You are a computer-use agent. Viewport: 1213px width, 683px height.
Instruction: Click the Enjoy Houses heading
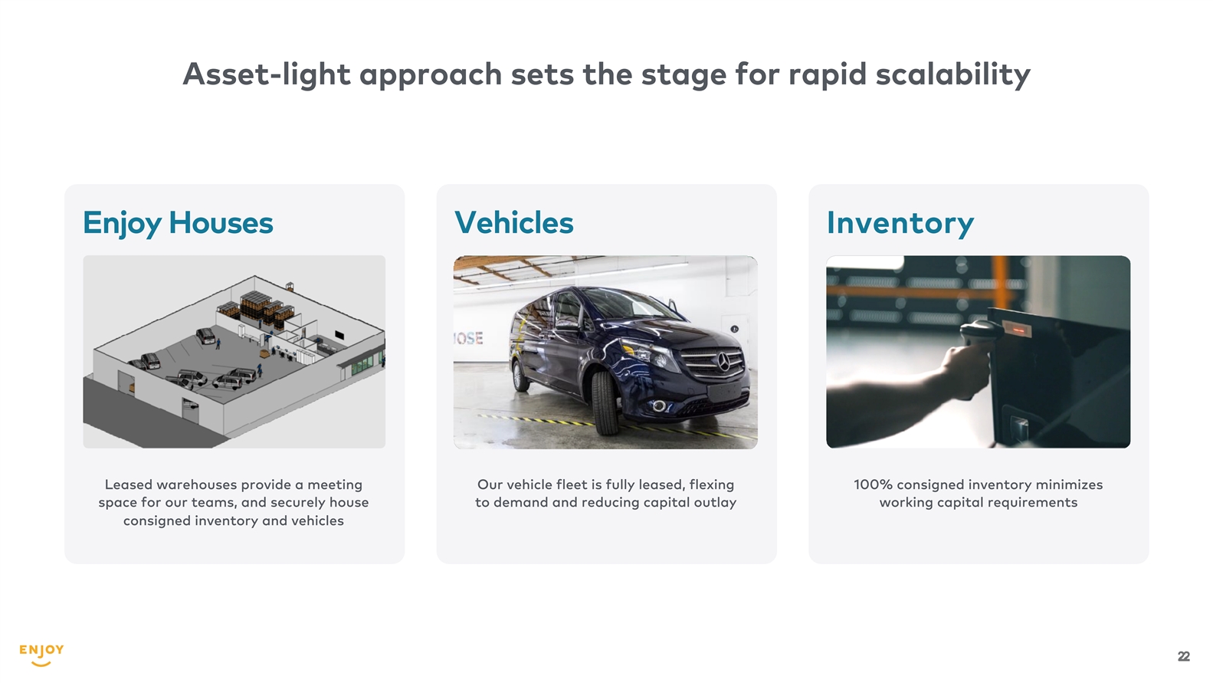178,223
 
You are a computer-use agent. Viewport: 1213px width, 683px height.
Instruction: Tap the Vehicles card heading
514,222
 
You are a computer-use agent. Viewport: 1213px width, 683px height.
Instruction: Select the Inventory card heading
900,223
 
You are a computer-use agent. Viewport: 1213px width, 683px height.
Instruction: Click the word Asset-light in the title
267,74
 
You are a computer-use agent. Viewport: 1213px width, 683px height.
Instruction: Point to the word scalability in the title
953,74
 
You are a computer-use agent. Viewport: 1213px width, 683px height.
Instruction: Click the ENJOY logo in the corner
41,655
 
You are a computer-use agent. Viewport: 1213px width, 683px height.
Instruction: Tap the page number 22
1183,656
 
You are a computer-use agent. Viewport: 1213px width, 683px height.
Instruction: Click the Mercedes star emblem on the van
723,361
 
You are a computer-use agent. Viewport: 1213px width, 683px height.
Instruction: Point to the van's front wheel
605,402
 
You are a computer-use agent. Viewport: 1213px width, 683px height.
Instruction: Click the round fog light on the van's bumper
659,406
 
